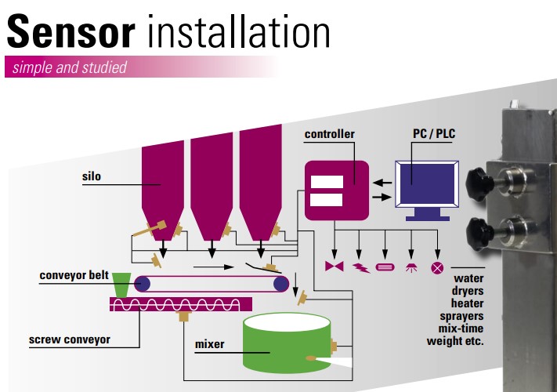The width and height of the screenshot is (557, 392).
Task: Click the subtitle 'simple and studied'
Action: pyautogui.click(x=68, y=68)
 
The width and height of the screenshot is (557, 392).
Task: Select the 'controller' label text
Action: pyautogui.click(x=329, y=134)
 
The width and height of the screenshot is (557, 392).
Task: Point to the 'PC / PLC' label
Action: pyautogui.click(x=434, y=134)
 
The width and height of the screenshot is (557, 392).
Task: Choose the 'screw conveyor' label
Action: pyautogui.click(x=70, y=340)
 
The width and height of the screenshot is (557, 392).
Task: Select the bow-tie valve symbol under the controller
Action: pyautogui.click(x=335, y=267)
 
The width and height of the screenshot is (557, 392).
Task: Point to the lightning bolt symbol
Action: pyautogui.click(x=361, y=267)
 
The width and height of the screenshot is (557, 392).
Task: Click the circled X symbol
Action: pyautogui.click(x=437, y=267)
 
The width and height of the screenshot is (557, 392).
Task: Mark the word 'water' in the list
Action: pyautogui.click(x=469, y=278)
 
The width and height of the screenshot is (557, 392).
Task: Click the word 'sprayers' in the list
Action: pyautogui.click(x=463, y=317)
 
